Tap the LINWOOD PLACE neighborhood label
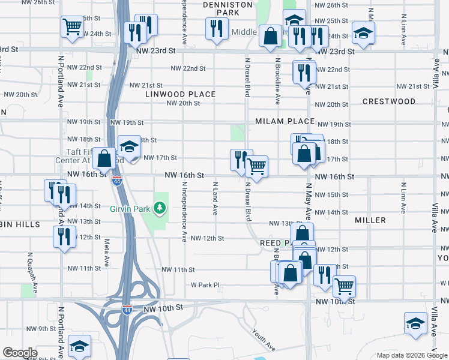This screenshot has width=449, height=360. [x=180, y=94]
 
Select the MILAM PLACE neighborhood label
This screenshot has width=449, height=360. [x=285, y=121]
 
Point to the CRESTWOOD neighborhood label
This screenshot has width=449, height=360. [x=389, y=101]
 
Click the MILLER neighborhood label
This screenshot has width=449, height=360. [x=370, y=220]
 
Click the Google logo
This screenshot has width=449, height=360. [x=20, y=353]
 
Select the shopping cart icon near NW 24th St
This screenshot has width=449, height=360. [x=72, y=26]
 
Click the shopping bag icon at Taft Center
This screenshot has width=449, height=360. [x=104, y=159]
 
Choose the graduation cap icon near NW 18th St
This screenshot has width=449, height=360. [x=128, y=145]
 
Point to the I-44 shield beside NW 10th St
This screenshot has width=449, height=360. [x=127, y=310]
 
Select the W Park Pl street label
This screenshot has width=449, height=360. [x=206, y=285]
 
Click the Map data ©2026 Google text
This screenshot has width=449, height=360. [x=411, y=355]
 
